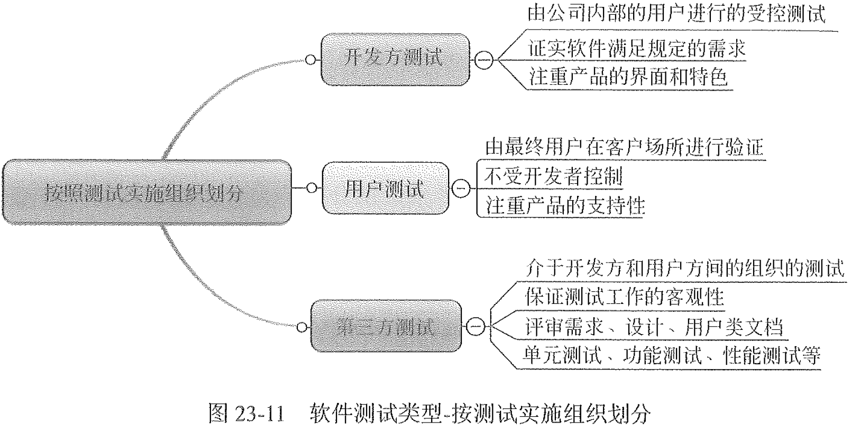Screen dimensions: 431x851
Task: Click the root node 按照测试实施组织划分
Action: click(x=147, y=192)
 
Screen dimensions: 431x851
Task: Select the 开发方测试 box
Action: click(x=395, y=59)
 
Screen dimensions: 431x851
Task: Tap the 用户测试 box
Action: click(x=385, y=188)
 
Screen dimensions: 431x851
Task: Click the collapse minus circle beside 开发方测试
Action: click(x=483, y=59)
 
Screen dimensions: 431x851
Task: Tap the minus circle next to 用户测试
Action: click(x=461, y=188)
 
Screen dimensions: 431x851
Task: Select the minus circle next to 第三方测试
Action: click(x=475, y=326)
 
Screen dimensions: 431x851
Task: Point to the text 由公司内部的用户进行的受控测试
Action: click(x=676, y=14)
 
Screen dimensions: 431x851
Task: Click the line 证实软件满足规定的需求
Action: click(x=636, y=49)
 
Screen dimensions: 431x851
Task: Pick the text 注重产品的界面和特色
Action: click(x=628, y=77)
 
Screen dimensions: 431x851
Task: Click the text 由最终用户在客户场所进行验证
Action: click(x=624, y=146)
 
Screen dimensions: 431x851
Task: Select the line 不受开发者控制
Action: click(x=553, y=176)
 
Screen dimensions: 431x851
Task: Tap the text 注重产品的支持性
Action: click(x=565, y=205)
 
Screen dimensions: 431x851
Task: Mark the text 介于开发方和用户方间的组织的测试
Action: click(x=684, y=268)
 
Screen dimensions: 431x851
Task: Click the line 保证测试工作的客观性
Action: click(x=624, y=297)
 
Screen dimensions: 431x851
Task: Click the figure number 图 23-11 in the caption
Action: click(x=246, y=412)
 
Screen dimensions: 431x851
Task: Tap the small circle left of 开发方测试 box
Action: click(x=310, y=60)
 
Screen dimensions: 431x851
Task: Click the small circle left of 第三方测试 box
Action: click(x=301, y=327)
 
